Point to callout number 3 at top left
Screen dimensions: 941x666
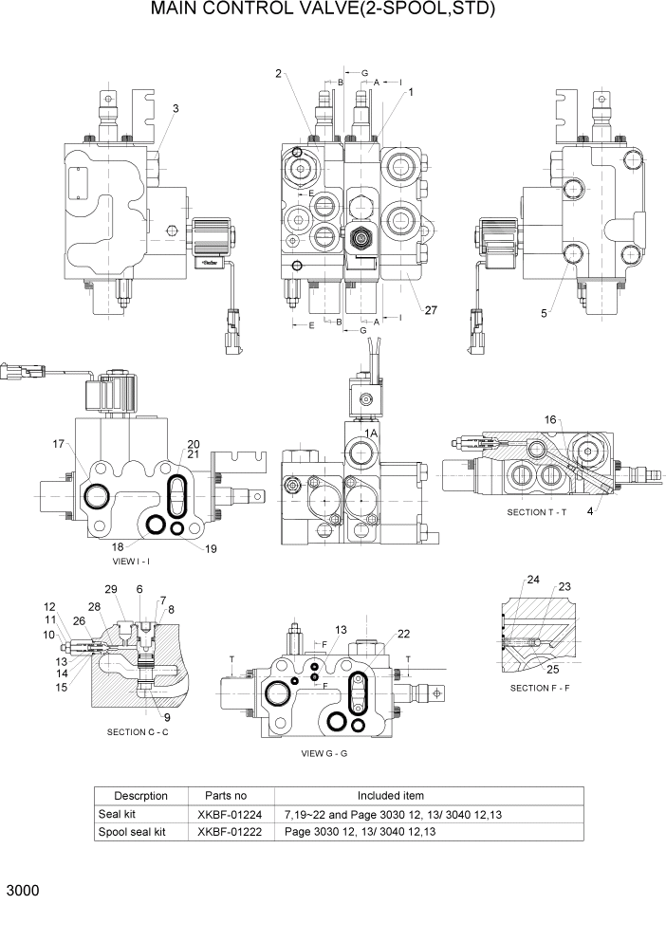point(176,109)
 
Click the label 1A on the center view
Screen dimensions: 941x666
point(373,432)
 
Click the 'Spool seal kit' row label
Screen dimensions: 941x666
point(132,832)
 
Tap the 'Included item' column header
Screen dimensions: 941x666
point(390,796)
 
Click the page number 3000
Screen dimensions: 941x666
point(22,893)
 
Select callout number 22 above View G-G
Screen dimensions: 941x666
point(403,634)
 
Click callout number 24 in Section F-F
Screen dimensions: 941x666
point(533,580)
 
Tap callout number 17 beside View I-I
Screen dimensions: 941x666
point(59,444)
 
